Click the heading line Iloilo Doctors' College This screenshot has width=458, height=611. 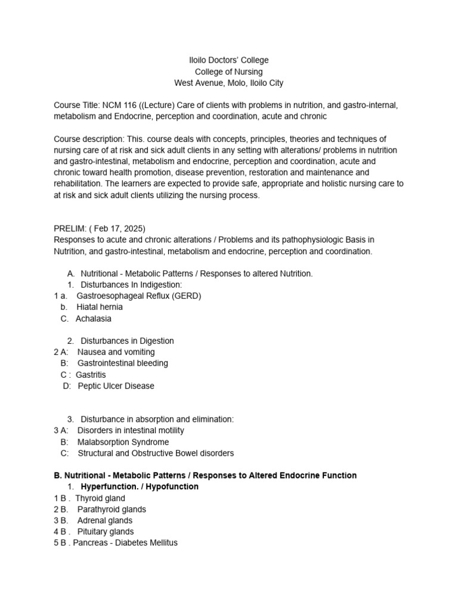[230, 60]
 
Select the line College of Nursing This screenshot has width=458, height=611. [229, 72]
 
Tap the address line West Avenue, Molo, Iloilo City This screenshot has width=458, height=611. [229, 83]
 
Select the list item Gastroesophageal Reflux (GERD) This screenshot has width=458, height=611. [139, 296]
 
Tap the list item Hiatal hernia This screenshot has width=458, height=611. [99, 307]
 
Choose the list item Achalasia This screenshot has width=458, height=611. [93, 319]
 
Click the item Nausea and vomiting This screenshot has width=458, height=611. [116, 352]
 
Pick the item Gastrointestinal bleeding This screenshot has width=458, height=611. [123, 363]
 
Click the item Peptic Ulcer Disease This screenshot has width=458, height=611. [116, 386]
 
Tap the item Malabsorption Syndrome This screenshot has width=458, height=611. [123, 442]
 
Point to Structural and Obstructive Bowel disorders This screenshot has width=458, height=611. [156, 453]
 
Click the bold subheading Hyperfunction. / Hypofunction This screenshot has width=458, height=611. [140, 487]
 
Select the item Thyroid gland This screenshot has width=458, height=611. [100, 498]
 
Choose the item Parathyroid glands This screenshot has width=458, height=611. [112, 510]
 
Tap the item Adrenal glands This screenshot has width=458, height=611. [105, 520]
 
